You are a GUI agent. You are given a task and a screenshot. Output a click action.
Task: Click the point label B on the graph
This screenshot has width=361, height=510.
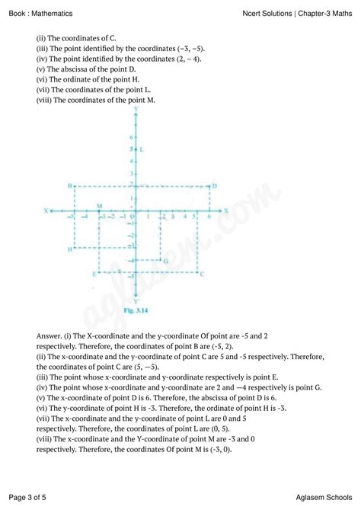(x=69, y=186)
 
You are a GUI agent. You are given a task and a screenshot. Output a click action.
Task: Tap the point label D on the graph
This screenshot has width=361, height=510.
(x=216, y=185)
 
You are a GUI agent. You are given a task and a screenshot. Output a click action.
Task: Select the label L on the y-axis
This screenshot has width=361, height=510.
(x=142, y=149)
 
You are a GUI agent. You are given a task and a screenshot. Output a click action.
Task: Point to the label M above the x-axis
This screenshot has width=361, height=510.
(x=99, y=205)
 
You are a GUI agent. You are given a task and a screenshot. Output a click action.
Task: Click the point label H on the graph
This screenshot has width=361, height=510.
(x=69, y=249)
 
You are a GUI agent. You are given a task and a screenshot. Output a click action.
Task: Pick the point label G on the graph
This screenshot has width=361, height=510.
(x=165, y=261)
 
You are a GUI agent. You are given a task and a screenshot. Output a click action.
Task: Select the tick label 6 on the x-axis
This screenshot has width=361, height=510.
(x=208, y=217)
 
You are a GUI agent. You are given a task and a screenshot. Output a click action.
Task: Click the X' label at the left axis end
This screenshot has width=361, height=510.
(x=47, y=210)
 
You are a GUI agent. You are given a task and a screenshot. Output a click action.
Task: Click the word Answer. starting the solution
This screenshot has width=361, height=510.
(x=51, y=335)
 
